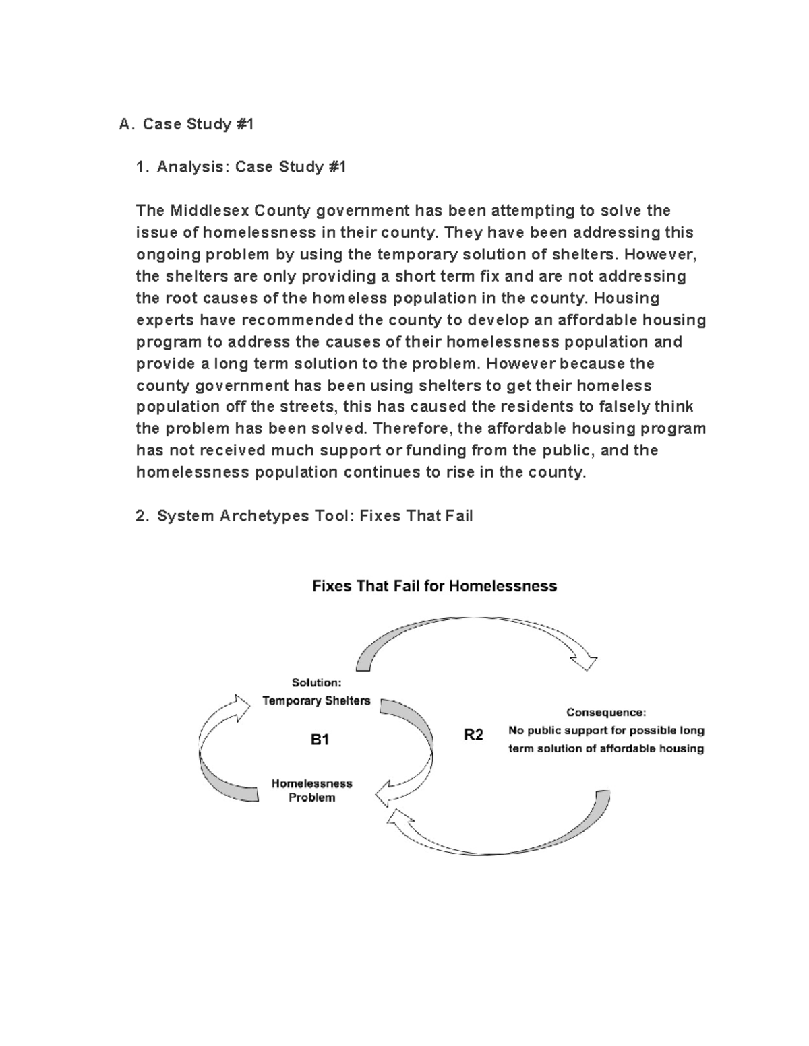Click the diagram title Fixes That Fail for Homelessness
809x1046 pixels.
coord(434,586)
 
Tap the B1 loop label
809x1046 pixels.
coord(320,740)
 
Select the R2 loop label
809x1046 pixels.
coord(473,735)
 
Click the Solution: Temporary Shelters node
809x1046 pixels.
coord(316,692)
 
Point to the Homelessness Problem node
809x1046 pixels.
coord(311,791)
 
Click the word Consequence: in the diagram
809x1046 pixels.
coord(605,712)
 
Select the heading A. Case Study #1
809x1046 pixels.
coord(186,124)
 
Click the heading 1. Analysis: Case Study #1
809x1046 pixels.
coord(241,167)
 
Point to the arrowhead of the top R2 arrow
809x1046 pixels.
coord(585,661)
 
